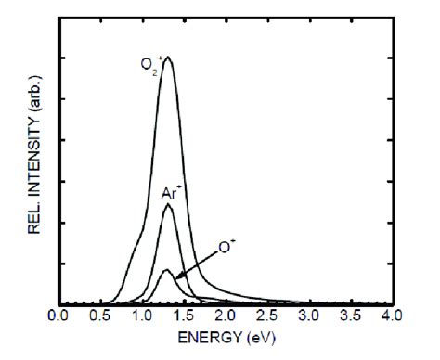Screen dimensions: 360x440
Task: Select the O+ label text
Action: click(x=225, y=248)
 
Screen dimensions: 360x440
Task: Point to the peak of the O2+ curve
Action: click(x=167, y=58)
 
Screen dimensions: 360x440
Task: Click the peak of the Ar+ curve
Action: click(x=167, y=205)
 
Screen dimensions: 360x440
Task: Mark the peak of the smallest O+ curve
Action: click(x=165, y=270)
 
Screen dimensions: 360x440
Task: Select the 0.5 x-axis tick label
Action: click(x=101, y=315)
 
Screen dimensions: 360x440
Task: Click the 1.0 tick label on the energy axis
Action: click(x=142, y=315)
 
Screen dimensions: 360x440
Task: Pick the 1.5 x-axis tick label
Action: click(x=184, y=315)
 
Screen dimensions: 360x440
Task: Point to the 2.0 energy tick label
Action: click(x=225, y=315)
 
